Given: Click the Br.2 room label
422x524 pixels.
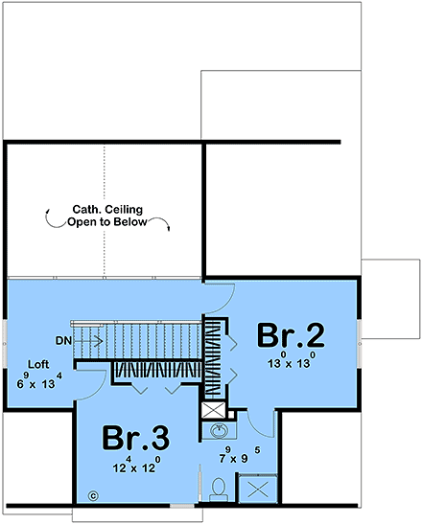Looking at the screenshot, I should (x=292, y=337).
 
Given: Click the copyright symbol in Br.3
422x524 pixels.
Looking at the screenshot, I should (x=94, y=495).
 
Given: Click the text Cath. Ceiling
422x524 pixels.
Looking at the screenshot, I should (x=106, y=208).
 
